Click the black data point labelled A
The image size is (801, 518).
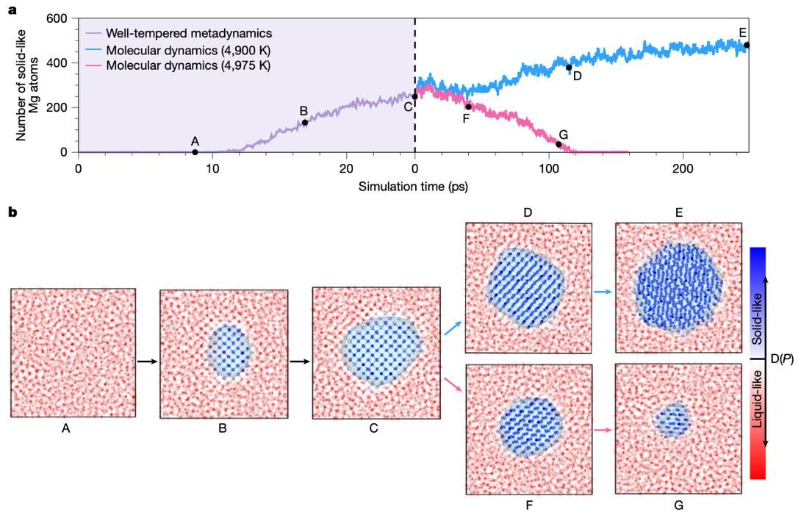pyautogui.click(x=195, y=152)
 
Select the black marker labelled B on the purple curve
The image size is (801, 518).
pyautogui.click(x=305, y=122)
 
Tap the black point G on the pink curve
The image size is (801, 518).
pyautogui.click(x=558, y=145)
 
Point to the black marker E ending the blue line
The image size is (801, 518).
pyautogui.click(x=747, y=45)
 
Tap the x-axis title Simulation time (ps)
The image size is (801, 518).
pyautogui.click(x=414, y=187)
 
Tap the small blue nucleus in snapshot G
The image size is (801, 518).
pyautogui.click(x=673, y=420)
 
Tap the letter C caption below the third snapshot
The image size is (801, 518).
pyautogui.click(x=374, y=428)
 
